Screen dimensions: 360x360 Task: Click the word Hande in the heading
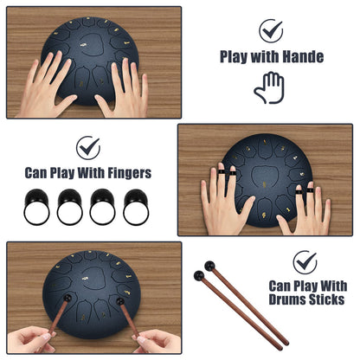[x=303, y=56]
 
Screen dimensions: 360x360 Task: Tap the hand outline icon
[x=269, y=87]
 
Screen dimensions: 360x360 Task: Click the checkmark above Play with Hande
[x=271, y=30]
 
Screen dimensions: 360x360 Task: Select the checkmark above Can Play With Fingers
[x=88, y=148]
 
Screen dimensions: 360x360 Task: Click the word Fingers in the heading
[x=129, y=173]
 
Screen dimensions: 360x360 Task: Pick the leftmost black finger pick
[x=36, y=207]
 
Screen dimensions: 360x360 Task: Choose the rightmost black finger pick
[x=136, y=207]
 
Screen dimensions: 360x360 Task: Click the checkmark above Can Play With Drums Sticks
[x=305, y=262]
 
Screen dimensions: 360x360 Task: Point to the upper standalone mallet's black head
[x=209, y=266]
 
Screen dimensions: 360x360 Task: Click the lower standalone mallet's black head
[x=199, y=275]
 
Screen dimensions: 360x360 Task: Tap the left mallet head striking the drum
[x=67, y=298]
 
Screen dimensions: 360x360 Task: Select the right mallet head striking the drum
[x=119, y=301]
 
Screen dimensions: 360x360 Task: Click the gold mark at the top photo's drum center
[x=83, y=45]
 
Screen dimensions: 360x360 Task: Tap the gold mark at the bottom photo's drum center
[x=85, y=279]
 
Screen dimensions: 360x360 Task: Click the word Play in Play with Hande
[x=234, y=57]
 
